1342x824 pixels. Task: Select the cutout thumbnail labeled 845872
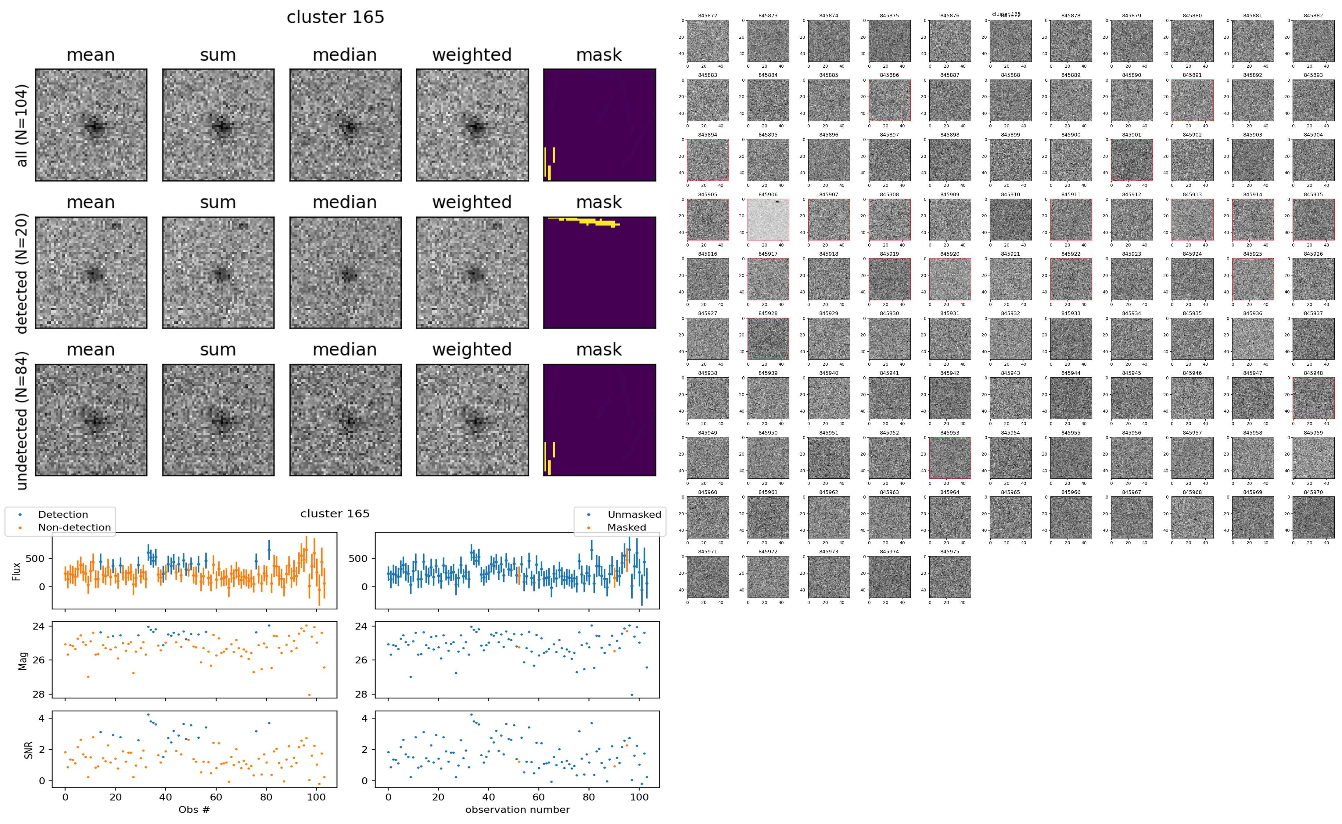[x=707, y=41]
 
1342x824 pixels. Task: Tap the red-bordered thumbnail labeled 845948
[x=1313, y=398]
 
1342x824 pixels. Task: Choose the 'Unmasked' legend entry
[x=634, y=514]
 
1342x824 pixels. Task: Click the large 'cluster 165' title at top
[x=335, y=17]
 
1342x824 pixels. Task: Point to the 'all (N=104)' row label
[x=22, y=125]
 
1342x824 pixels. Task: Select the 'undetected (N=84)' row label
[x=22, y=420]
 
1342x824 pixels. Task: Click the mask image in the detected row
[x=599, y=272]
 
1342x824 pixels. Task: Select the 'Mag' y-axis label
[x=23, y=660]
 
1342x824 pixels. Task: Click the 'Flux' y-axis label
[x=16, y=570]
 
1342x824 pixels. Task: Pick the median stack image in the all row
[x=345, y=125]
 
